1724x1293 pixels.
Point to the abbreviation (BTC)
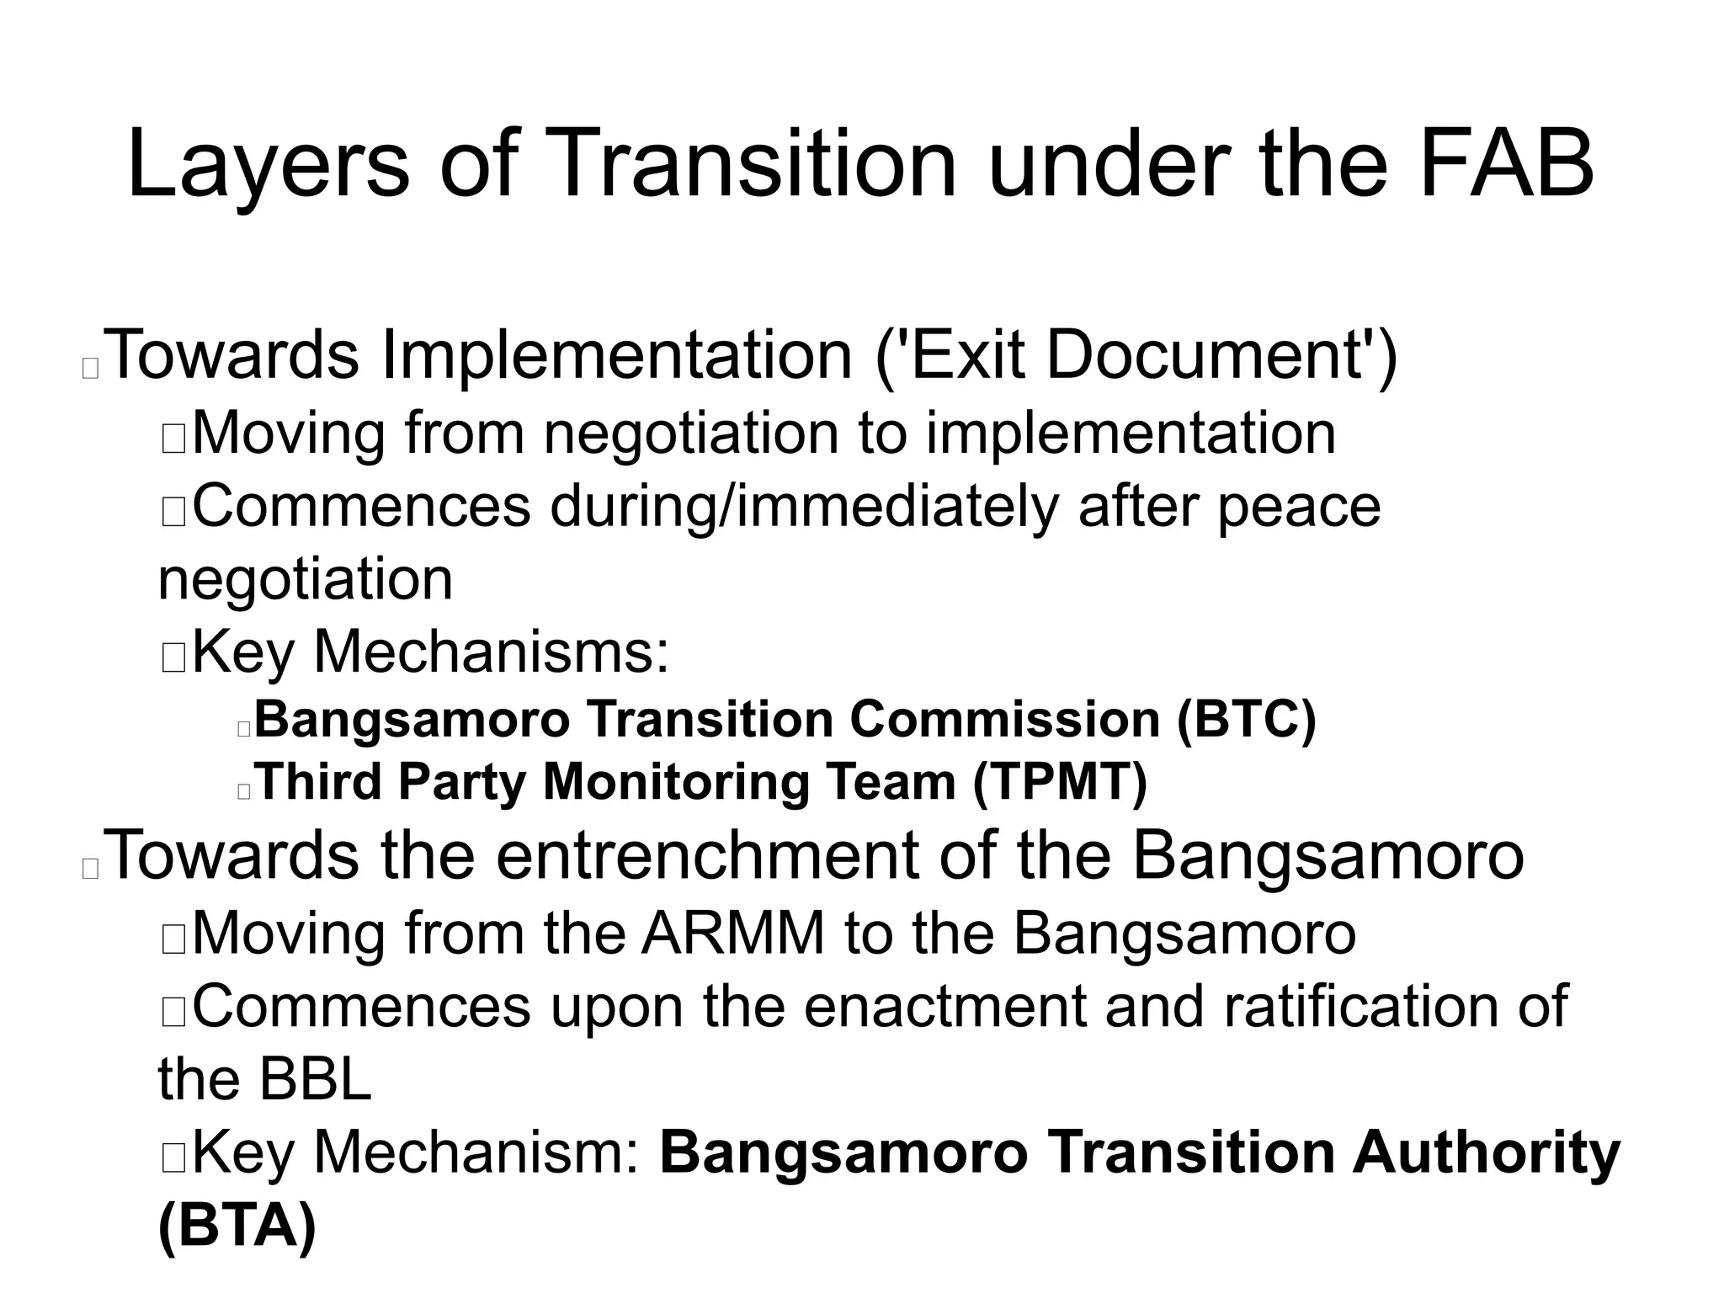1246,721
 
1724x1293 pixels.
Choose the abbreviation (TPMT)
1060,782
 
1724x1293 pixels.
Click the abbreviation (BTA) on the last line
237,1226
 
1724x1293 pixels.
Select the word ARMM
732,934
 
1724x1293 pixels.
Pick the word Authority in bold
1486,1153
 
